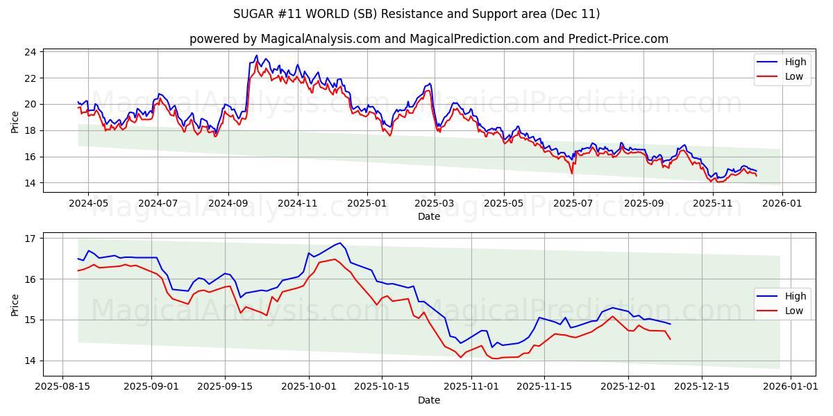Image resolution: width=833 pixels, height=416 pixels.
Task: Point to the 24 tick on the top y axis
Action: (x=31, y=52)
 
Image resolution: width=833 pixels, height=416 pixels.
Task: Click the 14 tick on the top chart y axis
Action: (x=31, y=183)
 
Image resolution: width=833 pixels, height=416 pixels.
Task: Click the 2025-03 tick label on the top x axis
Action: (x=435, y=204)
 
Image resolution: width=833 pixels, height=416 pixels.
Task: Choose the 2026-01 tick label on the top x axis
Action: (x=782, y=204)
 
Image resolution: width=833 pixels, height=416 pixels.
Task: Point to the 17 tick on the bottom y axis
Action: (x=31, y=239)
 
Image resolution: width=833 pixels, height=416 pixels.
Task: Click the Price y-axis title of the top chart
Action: (x=15, y=121)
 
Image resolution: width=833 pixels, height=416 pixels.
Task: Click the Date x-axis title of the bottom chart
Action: (x=428, y=400)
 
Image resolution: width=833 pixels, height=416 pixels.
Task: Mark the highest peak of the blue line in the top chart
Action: (x=256, y=55)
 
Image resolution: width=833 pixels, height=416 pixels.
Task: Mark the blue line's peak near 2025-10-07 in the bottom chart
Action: (x=339, y=243)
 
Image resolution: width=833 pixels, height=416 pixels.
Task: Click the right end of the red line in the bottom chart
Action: (x=670, y=339)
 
